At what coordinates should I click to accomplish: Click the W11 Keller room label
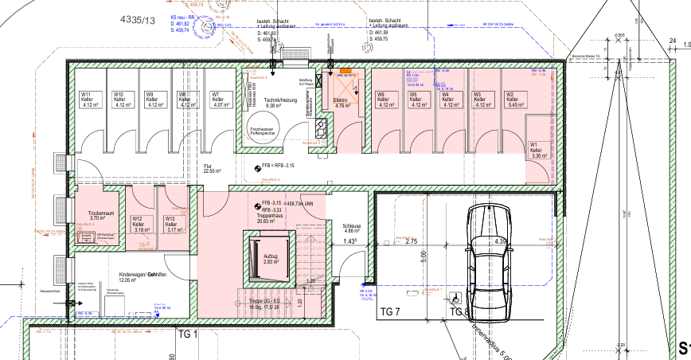(87, 99)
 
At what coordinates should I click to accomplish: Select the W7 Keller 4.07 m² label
(216, 99)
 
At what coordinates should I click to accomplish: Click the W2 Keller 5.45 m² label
(516, 99)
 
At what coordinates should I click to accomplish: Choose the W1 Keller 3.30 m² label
(538, 151)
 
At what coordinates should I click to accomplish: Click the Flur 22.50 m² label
(212, 167)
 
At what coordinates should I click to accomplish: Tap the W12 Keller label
(137, 224)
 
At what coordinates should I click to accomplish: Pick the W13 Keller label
(170, 224)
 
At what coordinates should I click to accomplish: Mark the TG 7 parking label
(390, 312)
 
